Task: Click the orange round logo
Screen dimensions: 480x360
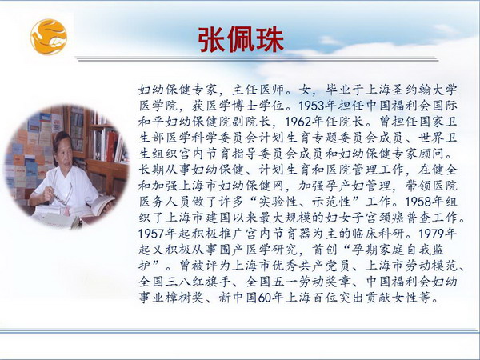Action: (49, 37)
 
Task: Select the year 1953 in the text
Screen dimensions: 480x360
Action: (311, 106)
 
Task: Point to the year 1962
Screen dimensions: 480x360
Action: (298, 122)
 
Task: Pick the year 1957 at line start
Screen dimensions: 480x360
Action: (151, 234)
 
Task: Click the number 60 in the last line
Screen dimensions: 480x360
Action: (265, 298)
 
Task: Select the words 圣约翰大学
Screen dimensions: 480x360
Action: (423, 90)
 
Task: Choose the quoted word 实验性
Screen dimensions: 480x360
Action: (278, 202)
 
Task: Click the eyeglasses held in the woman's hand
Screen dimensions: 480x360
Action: (62, 194)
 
